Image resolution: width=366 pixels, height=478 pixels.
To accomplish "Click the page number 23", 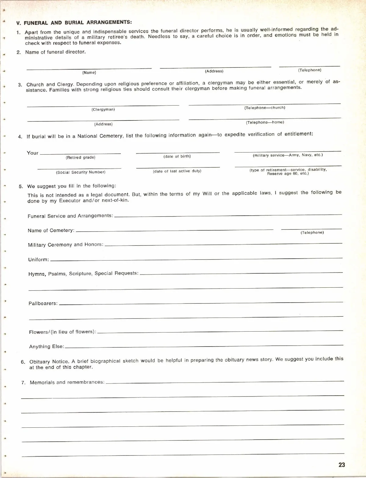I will coord(342,465).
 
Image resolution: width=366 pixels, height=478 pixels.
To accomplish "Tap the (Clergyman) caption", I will coord(103,110).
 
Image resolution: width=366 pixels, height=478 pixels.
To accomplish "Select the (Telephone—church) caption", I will coord(264,108).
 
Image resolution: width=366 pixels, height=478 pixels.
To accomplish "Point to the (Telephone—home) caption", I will coord(265,122).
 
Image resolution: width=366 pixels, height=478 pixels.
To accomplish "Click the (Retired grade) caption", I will coord(81,157).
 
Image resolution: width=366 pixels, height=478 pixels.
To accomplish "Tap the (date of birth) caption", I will coord(177,156).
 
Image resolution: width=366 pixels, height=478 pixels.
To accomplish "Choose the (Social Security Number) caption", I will coord(81,172).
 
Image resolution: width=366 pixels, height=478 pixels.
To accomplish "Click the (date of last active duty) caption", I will coord(177,171).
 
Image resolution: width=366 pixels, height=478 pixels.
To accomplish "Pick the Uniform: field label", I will coord(38,260).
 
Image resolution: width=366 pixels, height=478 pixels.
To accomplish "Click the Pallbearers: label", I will coord(43,304).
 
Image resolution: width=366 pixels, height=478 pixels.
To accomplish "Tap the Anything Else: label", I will coord(46,347).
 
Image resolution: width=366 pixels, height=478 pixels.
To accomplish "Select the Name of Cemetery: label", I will coord(51,231).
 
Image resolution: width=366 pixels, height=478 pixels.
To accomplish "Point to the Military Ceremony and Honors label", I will coord(66,245).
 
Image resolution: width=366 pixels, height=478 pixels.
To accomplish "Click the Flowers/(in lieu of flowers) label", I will coord(63,332).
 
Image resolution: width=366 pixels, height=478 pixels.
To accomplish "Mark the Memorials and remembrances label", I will coord(67,382).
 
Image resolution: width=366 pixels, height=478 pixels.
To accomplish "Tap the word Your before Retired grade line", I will coord(33,153).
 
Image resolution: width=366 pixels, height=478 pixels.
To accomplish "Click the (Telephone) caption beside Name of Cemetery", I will coord(312,233).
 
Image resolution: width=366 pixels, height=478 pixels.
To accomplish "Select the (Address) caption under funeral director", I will coord(214,71).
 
